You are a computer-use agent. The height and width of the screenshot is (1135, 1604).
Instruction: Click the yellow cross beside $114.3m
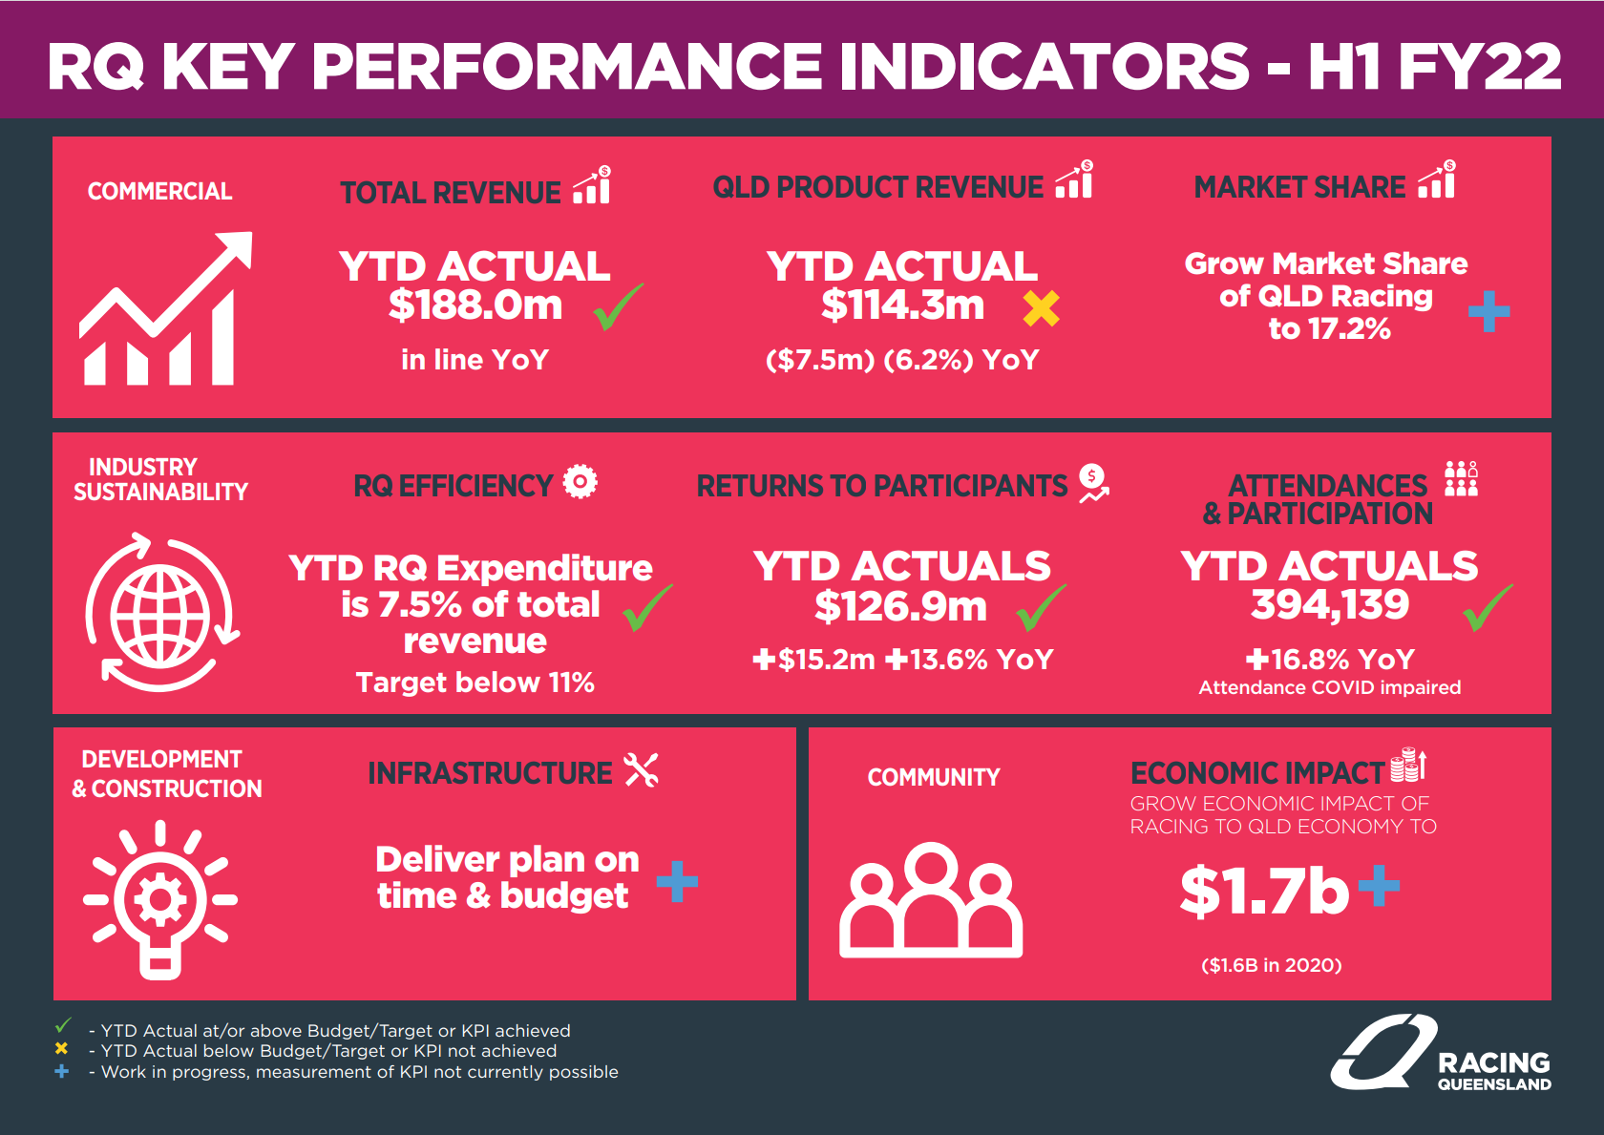click(1041, 308)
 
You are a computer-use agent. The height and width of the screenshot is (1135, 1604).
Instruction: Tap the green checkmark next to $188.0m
click(618, 307)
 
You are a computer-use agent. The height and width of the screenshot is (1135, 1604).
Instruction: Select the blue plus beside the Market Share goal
click(1488, 311)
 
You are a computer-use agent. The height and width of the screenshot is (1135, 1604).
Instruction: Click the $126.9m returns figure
click(900, 606)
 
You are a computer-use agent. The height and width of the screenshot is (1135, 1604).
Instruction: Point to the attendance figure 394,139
click(1329, 604)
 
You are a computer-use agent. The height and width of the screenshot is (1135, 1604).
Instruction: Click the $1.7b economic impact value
click(1264, 892)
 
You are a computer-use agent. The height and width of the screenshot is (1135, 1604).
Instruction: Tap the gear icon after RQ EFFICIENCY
click(580, 481)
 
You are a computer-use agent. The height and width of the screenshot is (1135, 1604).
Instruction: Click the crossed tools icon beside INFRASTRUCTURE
click(642, 769)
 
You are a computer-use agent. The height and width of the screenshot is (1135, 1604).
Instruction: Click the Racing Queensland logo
click(1442, 1054)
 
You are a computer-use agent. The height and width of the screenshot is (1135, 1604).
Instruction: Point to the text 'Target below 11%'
click(475, 683)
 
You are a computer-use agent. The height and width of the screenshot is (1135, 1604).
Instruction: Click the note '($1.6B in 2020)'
click(1271, 965)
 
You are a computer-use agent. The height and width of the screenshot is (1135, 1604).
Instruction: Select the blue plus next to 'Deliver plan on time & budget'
click(677, 881)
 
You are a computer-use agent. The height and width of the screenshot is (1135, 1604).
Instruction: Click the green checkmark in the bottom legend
click(63, 1026)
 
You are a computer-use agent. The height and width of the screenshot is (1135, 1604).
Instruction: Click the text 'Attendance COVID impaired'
click(1329, 687)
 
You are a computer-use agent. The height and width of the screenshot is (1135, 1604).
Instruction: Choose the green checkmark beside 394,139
click(1488, 608)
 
